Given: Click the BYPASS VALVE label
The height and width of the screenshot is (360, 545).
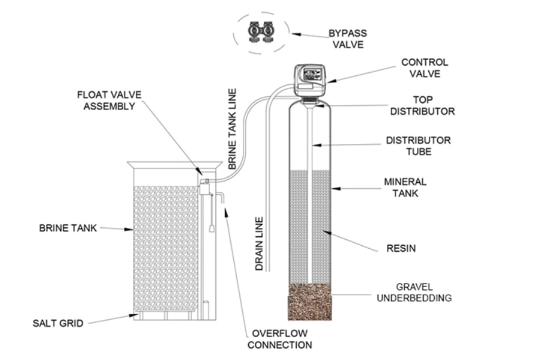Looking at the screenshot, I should (x=347, y=38).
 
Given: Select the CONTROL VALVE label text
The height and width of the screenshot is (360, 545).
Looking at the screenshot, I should (x=424, y=68).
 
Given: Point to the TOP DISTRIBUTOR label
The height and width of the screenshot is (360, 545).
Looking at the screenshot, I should (x=422, y=105).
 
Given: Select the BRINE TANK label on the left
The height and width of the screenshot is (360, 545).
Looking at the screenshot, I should (x=68, y=228).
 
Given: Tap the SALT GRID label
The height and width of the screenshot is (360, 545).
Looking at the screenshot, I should (x=58, y=324).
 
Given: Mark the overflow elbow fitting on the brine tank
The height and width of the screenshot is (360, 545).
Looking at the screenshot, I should (x=220, y=197).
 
